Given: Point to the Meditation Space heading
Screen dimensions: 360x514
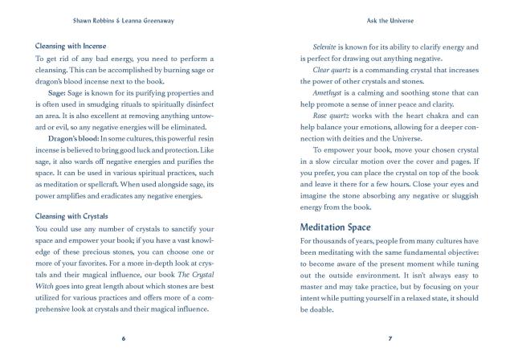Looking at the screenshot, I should coord(344,227).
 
